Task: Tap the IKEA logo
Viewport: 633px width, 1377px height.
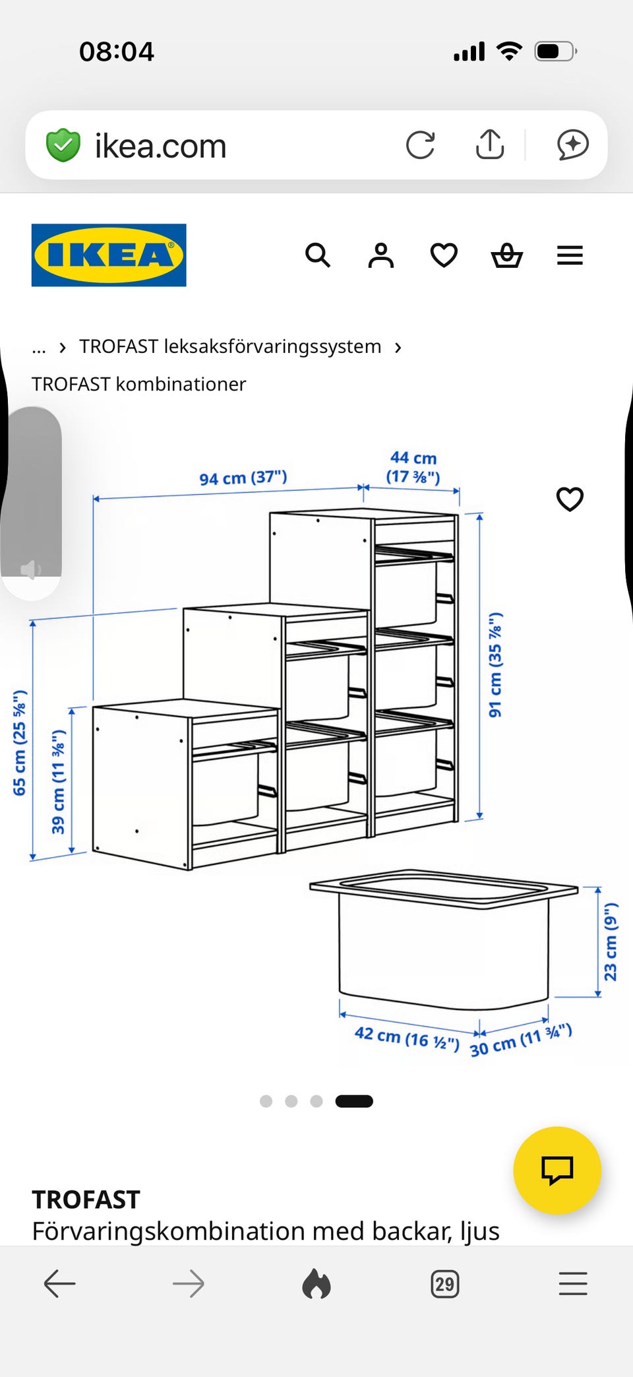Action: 109,255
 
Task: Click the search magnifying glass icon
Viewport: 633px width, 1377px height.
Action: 318,255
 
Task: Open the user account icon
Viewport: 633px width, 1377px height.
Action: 381,255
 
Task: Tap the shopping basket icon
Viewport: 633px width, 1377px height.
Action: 507,255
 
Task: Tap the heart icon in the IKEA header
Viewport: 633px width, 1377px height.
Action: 444,255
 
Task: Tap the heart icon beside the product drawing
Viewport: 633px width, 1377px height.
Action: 570,499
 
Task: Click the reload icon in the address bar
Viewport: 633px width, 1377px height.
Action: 421,145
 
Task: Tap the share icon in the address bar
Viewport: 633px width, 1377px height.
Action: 490,144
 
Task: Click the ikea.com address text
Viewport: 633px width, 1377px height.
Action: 160,146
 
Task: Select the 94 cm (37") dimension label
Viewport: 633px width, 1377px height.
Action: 243,478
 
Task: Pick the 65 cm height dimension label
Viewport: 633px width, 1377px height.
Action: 20,743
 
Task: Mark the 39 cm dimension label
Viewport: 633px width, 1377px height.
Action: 59,782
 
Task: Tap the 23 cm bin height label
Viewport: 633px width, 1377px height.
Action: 611,942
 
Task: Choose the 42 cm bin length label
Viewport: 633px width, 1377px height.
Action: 407,1038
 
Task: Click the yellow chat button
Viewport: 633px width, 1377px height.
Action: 557,1170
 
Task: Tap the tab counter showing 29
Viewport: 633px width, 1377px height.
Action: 445,1284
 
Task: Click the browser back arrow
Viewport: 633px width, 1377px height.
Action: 60,1284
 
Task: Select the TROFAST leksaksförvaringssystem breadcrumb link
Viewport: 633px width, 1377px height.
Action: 230,346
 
